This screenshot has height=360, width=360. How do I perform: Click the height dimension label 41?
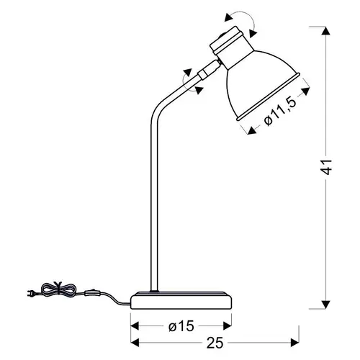click(327, 166)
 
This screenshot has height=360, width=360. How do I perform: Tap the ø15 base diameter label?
click(181, 326)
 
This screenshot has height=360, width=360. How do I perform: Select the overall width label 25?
click(215, 343)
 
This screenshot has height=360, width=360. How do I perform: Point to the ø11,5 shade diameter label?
click(280, 112)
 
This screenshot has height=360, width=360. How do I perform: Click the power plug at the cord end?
click(31, 293)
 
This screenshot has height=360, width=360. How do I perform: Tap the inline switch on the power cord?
click(91, 293)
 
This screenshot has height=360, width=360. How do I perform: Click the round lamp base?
click(181, 300)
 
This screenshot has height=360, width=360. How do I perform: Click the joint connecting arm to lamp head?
click(208, 69)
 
